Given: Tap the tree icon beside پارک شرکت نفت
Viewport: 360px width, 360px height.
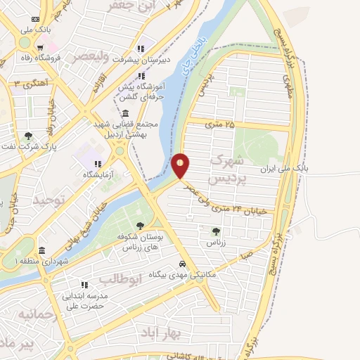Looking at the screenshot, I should pos(28,136).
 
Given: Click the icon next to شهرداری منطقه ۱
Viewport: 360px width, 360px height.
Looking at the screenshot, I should pos(41,251).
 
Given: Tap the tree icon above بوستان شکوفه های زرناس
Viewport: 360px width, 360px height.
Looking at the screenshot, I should pos(141,225).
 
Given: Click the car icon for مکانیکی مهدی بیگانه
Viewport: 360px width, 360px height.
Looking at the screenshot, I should pos(182,264).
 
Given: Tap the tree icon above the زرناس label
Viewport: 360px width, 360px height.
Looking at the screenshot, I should pos(216,231).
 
